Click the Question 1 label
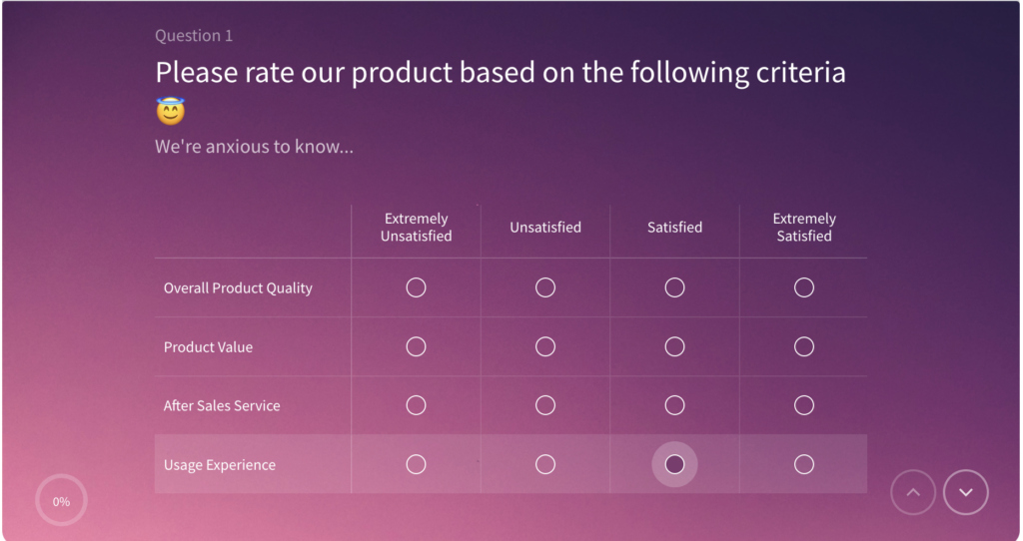coord(194,36)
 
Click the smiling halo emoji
coord(171,111)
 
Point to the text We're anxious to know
coord(254,147)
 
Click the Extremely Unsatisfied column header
coord(416,228)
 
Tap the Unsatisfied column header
coord(545,228)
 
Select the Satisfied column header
coord(674,228)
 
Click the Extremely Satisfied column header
coord(804,228)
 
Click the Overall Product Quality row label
coord(238,288)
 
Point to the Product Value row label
coord(208,347)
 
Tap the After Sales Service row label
coord(222,406)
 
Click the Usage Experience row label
coord(220,465)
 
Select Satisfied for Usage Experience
coord(674,464)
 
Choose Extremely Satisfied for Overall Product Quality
coord(804,287)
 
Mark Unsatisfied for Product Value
coord(545,346)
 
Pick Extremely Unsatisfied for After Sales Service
coord(416,405)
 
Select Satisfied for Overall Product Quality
coord(674,287)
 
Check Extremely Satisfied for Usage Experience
coord(804,464)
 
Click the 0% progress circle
coord(62,501)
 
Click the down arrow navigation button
coord(965,492)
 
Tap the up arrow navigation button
coord(913,492)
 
